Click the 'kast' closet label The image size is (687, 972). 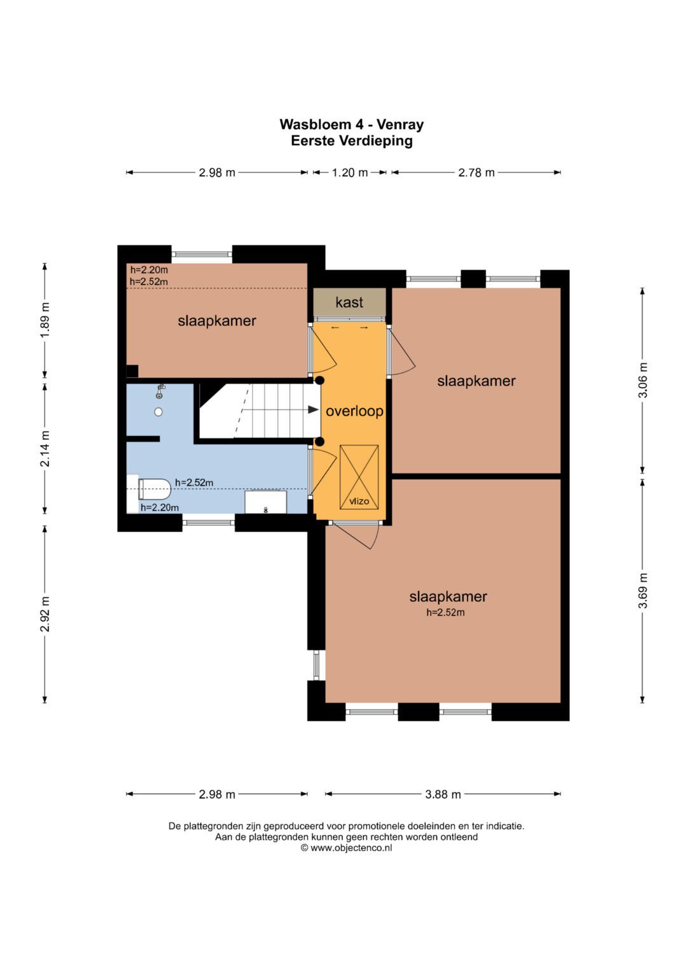(x=349, y=302)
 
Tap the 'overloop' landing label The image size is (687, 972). (x=354, y=411)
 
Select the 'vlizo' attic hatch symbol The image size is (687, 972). (x=359, y=477)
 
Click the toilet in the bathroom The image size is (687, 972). (x=154, y=489)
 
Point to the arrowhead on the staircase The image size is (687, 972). (x=314, y=409)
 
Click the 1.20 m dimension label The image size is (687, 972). (x=350, y=173)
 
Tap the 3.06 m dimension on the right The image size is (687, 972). (x=642, y=380)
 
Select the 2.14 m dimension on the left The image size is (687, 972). (x=45, y=449)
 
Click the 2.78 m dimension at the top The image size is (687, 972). (x=476, y=173)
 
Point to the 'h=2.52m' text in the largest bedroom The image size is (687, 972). (x=445, y=612)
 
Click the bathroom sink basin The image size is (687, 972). (x=265, y=502)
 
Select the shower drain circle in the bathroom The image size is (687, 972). (x=158, y=412)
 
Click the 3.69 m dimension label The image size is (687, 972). (x=642, y=591)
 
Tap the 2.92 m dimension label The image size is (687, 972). (x=45, y=614)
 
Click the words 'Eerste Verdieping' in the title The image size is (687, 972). (x=352, y=141)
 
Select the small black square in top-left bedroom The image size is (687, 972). (x=132, y=372)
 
